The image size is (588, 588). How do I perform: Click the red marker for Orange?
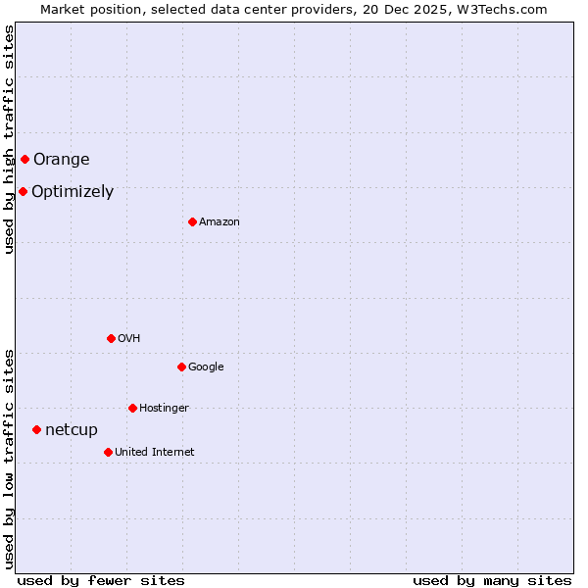pyautogui.click(x=24, y=159)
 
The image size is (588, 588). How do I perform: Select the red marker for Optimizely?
pyautogui.click(x=23, y=191)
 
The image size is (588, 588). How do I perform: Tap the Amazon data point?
pyautogui.click(x=192, y=221)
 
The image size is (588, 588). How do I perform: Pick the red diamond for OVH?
pyautogui.click(x=111, y=338)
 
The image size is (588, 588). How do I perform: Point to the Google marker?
pyautogui.click(x=181, y=367)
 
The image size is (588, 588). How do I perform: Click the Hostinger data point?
pyautogui.click(x=132, y=408)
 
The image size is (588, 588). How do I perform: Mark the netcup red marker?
pyautogui.click(x=36, y=429)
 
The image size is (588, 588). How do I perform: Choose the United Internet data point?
pyautogui.click(x=108, y=452)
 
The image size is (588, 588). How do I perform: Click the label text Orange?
pyautogui.click(x=61, y=160)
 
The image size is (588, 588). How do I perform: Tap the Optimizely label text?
pyautogui.click(x=73, y=192)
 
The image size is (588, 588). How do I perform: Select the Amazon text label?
pyautogui.click(x=220, y=222)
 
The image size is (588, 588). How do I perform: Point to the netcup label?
pyautogui.click(x=72, y=430)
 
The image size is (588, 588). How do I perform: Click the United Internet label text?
pyautogui.click(x=155, y=453)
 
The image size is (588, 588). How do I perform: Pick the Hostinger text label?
pyautogui.click(x=164, y=409)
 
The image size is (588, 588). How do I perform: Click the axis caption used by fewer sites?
pyautogui.click(x=101, y=580)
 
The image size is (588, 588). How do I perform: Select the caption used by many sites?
pyautogui.click(x=492, y=580)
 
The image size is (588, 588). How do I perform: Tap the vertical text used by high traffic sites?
pyautogui.click(x=9, y=139)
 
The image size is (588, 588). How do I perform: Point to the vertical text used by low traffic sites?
pyautogui.click(x=9, y=459)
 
